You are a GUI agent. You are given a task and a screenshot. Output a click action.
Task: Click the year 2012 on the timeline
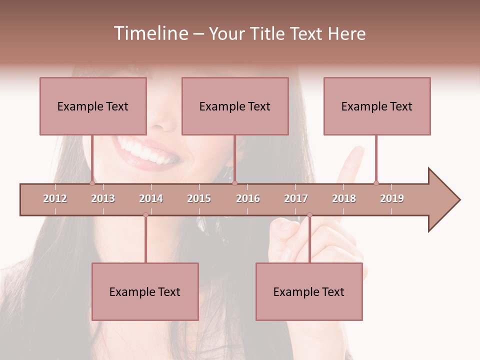55,198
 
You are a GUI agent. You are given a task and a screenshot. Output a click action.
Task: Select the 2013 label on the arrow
103,198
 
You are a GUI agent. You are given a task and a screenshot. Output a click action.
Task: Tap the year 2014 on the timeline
151,198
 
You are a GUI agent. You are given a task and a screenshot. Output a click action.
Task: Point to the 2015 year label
199,198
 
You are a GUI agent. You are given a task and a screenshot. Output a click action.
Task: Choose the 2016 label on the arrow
248,198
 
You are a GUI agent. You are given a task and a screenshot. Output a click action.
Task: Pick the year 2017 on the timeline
296,198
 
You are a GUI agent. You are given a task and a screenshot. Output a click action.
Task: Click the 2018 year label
344,198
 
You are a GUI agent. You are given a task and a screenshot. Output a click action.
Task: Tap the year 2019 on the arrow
392,198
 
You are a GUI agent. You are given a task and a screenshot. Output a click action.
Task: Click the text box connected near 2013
93,106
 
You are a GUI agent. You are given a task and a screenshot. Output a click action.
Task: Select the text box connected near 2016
235,106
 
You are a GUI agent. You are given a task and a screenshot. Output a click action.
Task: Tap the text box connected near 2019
377,106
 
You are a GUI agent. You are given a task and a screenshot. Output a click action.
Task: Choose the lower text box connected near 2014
145,291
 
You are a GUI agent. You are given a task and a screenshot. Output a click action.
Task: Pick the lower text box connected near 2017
309,291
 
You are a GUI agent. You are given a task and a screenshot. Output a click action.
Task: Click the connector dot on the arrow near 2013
92,183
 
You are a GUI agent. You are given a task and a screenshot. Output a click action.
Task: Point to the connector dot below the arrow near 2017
309,215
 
